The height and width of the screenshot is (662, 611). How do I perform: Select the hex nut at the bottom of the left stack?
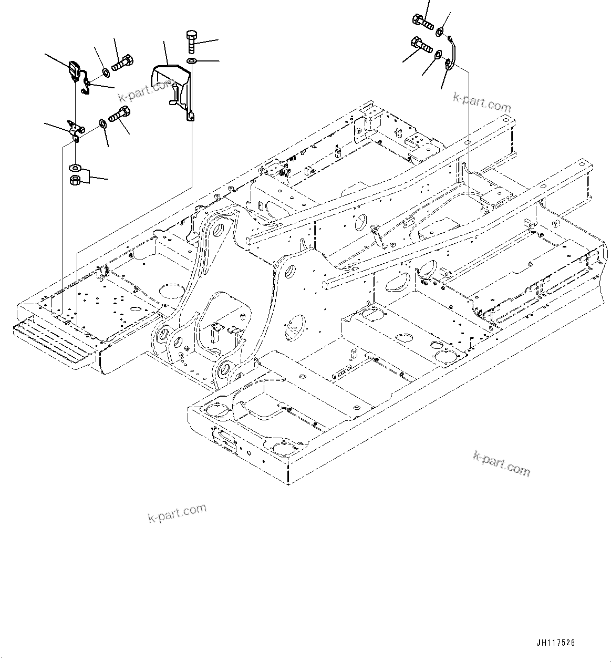coord(75,181)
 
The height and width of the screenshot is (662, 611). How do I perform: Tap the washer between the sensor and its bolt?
coord(105,71)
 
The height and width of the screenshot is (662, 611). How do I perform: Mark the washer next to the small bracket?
coord(102,125)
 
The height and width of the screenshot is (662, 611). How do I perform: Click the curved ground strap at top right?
coord(451,53)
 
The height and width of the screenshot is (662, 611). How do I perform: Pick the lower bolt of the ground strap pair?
coord(422,46)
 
